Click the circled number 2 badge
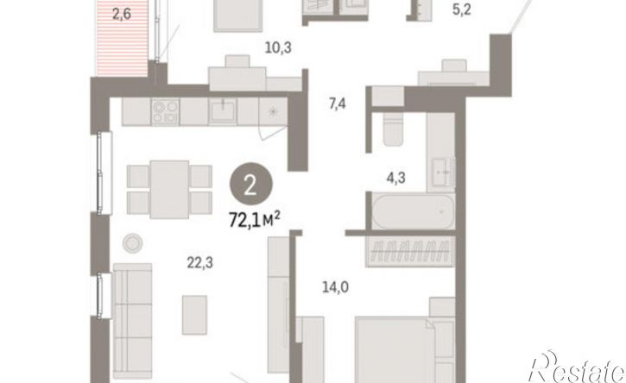pyautogui.click(x=250, y=185)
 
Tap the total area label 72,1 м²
pyautogui.click(x=255, y=219)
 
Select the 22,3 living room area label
pyautogui.click(x=200, y=263)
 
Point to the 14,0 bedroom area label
pyautogui.click(x=335, y=287)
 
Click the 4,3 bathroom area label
pyautogui.click(x=395, y=178)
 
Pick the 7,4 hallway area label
pyautogui.click(x=338, y=104)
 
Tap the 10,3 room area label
pyautogui.click(x=278, y=48)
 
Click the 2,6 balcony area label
pyautogui.click(x=122, y=15)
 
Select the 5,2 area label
pyautogui.click(x=462, y=9)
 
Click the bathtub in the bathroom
pyautogui.click(x=414, y=210)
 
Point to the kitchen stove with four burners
pyautogui.click(x=165, y=112)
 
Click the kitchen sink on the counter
pyautogui.click(x=223, y=110)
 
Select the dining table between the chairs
pyautogui.click(x=170, y=190)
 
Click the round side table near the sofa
pyautogui.click(x=133, y=242)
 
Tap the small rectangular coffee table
pyautogui.click(x=194, y=315)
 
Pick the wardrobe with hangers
pyautogui.click(x=410, y=252)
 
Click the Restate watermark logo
pyautogui.click(x=577, y=367)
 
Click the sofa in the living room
pyautogui.click(x=132, y=321)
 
